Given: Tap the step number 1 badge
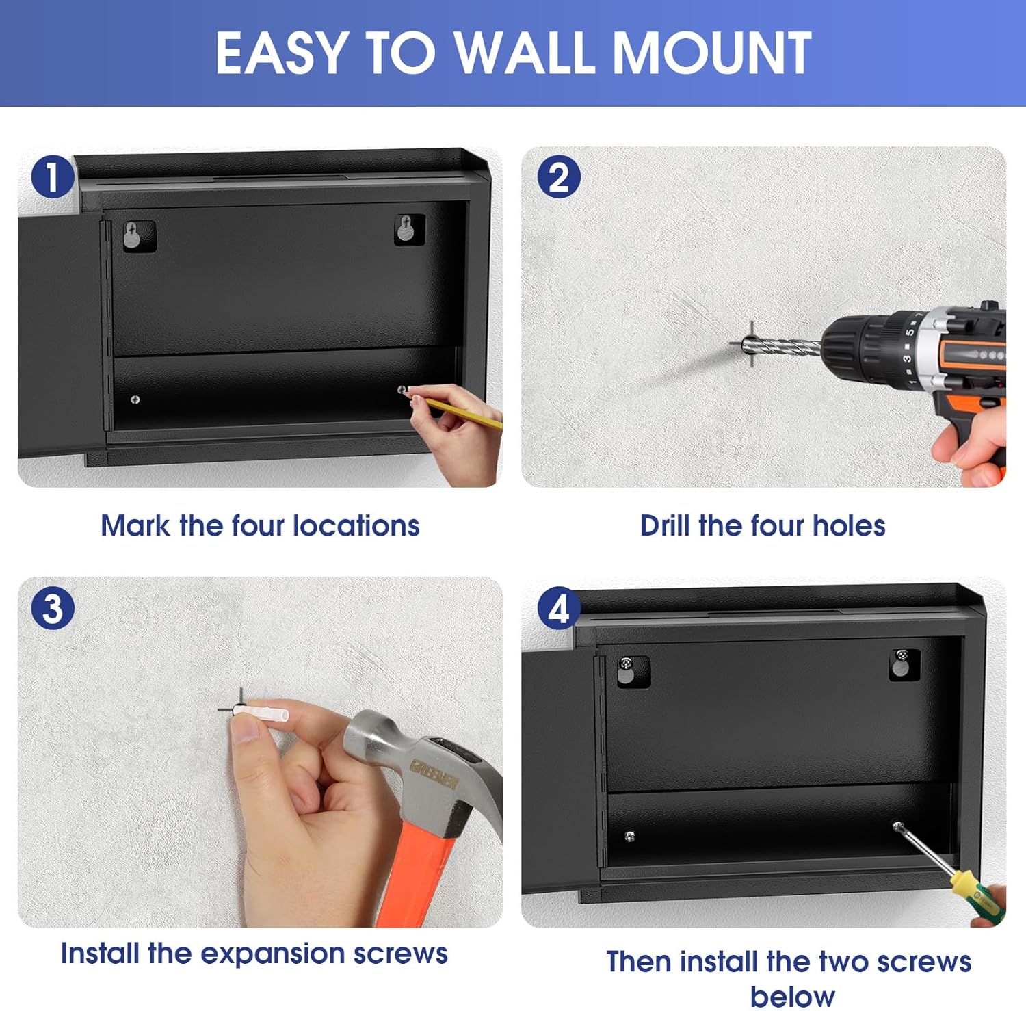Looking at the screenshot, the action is point(53,177).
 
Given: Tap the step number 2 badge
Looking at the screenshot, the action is point(559,177).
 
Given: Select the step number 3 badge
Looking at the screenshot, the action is point(53,608).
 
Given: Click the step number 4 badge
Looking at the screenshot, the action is point(559,608).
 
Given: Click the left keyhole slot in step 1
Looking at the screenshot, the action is point(133,235).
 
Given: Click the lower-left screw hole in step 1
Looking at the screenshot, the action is point(135,399).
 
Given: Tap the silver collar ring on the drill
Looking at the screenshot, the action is point(934,349).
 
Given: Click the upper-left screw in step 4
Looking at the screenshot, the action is point(626,664).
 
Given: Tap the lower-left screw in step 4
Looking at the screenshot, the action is point(630,835).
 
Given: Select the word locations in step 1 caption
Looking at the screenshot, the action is point(356,525).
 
